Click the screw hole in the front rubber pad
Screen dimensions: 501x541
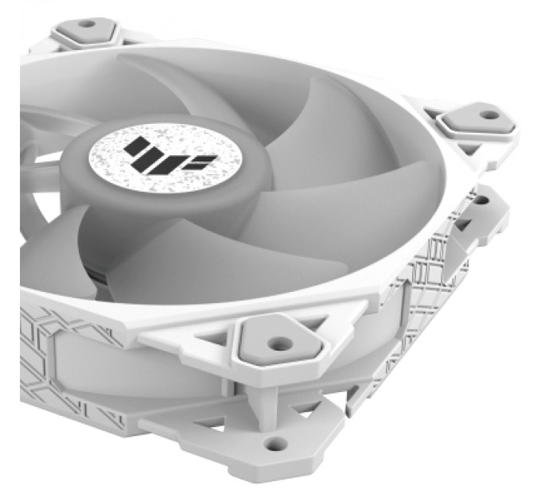coord(278,344)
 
